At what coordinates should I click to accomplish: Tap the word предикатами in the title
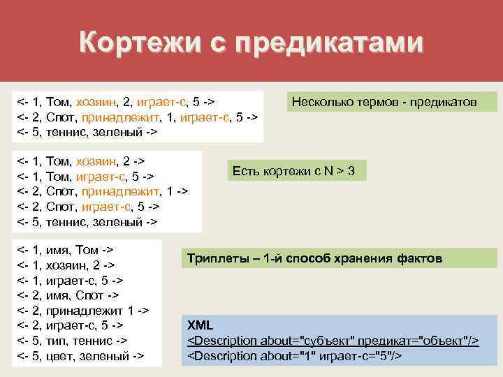[330, 43]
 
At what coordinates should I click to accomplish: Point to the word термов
[377, 102]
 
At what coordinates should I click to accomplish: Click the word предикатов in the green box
[445, 102]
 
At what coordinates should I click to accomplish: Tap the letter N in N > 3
[328, 171]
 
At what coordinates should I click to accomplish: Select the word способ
[310, 259]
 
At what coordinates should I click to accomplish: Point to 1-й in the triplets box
[275, 259]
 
